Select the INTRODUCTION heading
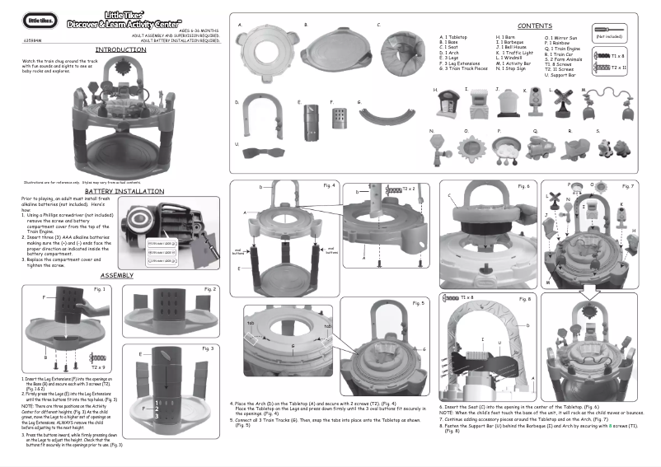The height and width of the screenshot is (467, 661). point(120,49)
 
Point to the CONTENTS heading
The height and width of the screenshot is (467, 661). point(535,26)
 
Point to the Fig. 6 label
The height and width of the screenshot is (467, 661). point(523,185)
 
